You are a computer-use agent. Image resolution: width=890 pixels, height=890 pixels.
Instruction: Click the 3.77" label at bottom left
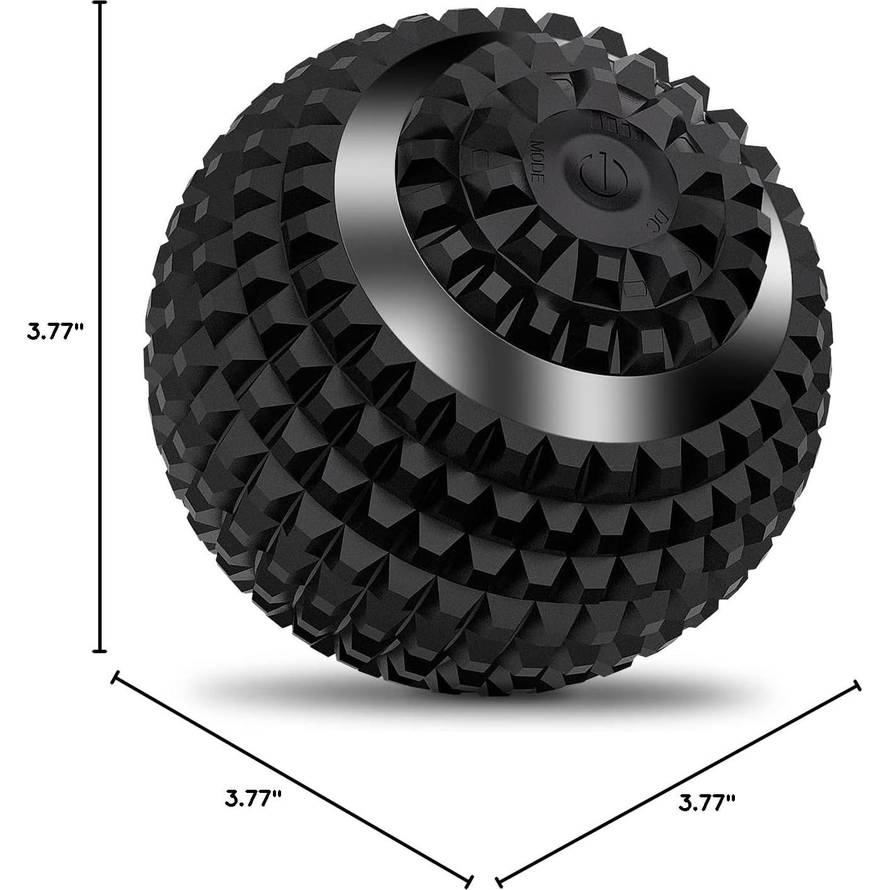click(253, 799)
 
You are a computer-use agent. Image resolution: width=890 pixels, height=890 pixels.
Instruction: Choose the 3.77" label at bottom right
click(707, 802)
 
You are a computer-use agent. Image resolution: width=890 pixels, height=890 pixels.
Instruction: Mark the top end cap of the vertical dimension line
click(99, 3)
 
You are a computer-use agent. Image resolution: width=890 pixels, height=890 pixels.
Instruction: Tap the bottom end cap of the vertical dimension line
click(99, 650)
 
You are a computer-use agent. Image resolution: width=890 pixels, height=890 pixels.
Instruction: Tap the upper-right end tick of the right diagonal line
click(857, 685)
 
